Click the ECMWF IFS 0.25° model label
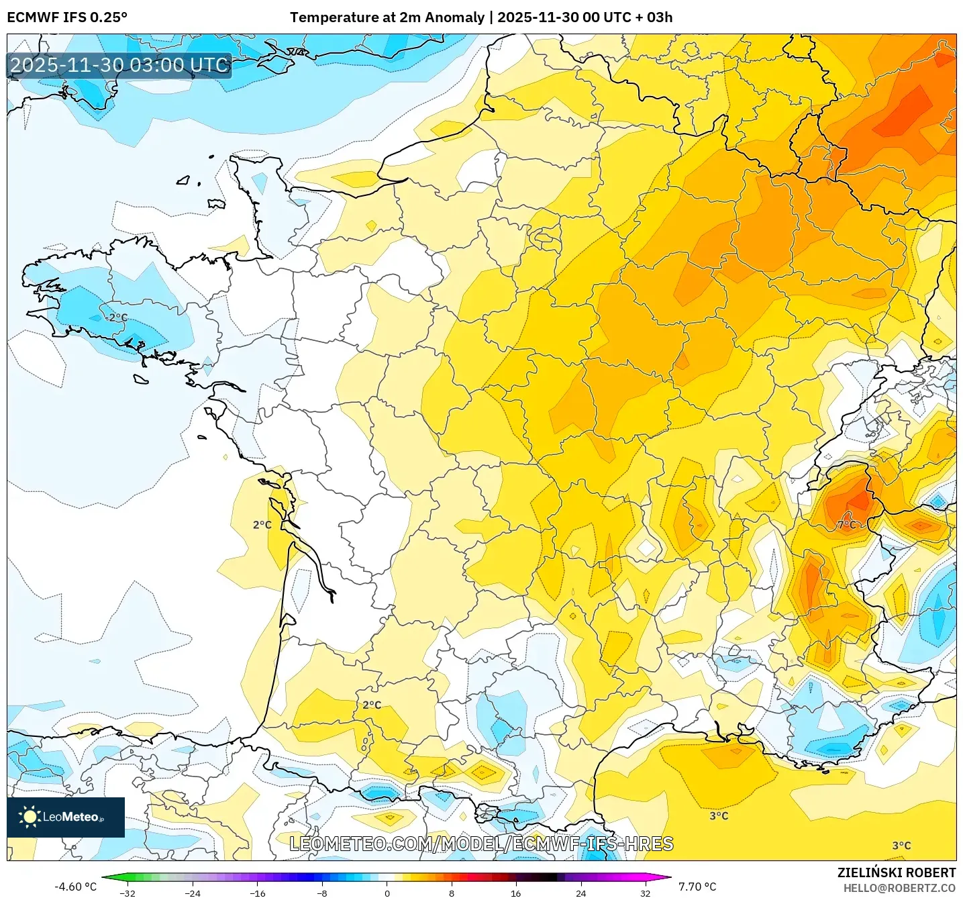click(67, 17)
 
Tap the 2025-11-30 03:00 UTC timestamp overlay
click(119, 65)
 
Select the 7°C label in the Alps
click(847, 524)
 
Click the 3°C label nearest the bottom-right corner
click(901, 846)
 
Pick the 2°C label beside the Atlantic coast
click(262, 524)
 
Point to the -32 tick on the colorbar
click(127, 893)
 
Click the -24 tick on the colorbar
click(193, 893)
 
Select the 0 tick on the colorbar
click(387, 893)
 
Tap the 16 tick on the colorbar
click(515, 893)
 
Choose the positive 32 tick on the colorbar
click(645, 893)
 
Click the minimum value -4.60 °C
click(75, 887)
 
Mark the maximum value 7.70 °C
click(697, 887)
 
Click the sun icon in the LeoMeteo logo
click(30, 817)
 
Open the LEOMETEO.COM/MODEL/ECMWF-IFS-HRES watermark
click(481, 844)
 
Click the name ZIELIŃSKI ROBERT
click(897, 872)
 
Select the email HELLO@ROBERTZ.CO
click(899, 888)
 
